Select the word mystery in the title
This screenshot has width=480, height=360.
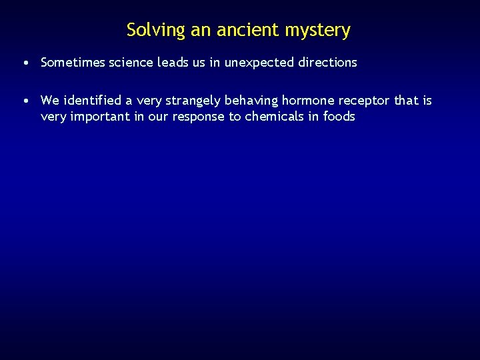(317, 31)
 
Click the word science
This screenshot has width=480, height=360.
(131, 63)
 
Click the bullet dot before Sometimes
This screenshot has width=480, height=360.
(24, 63)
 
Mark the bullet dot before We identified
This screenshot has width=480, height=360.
(24, 101)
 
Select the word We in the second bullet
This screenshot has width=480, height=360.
(50, 101)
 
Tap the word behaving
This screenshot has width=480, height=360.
(251, 101)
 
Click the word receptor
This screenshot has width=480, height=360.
(365, 101)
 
